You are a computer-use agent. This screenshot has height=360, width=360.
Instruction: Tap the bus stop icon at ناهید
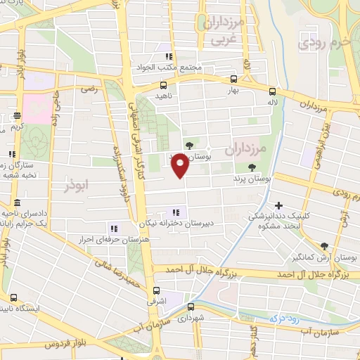163,85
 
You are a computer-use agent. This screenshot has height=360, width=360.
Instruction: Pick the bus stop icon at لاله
271,91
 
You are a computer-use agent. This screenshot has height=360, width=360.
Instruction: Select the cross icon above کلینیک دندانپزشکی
279,205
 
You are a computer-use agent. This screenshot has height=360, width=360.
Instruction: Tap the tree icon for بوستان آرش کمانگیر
323,246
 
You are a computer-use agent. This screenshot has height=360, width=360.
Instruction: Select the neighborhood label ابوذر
78,185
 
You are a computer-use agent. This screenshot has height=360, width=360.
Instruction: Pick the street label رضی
89,89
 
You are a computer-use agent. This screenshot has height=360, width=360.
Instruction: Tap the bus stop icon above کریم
18,115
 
